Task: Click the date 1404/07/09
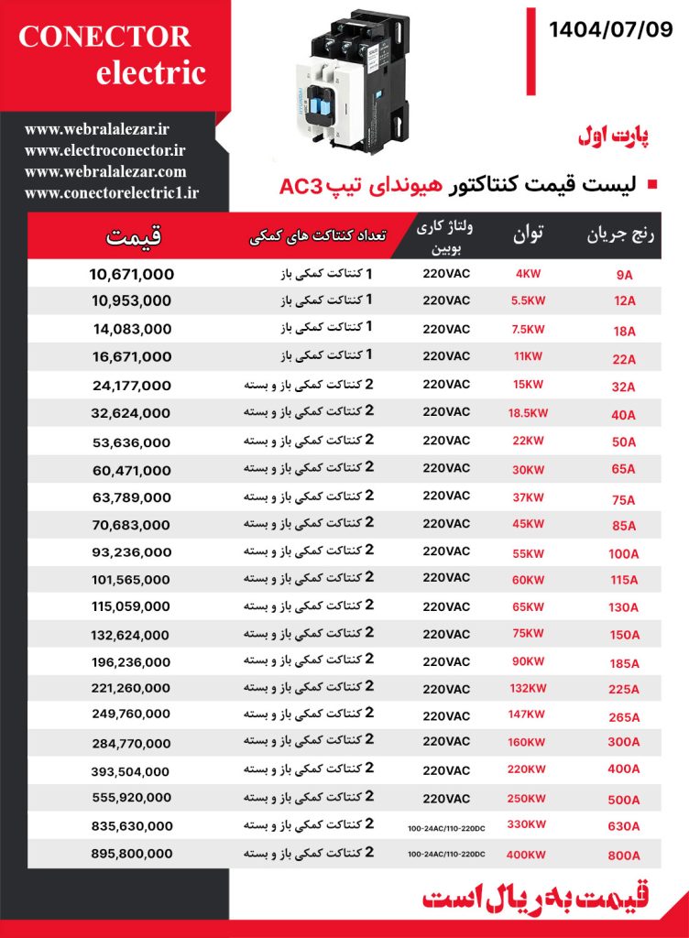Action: (610, 30)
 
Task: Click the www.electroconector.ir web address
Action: (105, 150)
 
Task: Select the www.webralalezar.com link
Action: (105, 171)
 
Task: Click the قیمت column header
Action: (133, 235)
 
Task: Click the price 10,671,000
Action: (132, 274)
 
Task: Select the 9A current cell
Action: (624, 275)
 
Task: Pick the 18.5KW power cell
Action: (528, 413)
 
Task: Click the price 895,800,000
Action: (132, 853)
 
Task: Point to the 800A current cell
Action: (624, 855)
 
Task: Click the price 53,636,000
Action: (132, 442)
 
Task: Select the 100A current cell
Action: (624, 553)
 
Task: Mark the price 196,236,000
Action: (132, 662)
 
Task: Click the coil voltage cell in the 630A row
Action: (446, 828)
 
